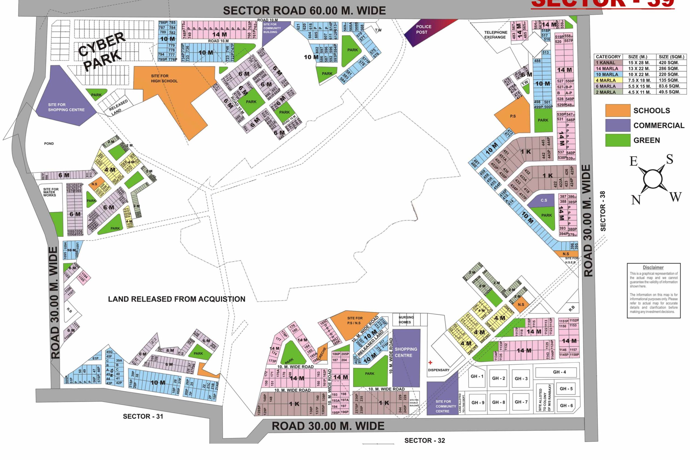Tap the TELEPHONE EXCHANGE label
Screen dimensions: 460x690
click(x=495, y=35)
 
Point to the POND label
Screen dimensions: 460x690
click(x=49, y=144)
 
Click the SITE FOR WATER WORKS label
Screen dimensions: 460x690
click(x=51, y=192)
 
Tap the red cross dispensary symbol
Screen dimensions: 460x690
click(x=430, y=362)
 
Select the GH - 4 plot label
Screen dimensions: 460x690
click(x=559, y=372)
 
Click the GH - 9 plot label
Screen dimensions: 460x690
click(x=478, y=403)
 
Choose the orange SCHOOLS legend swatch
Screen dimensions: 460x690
click(x=617, y=111)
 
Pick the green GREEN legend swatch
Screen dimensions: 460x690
click(x=617, y=140)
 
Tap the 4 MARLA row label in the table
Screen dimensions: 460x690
click(x=606, y=80)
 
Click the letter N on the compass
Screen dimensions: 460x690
click(x=636, y=200)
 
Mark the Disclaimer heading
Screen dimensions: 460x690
click(x=653, y=267)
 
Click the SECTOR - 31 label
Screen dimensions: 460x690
click(x=143, y=416)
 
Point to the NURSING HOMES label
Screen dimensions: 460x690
click(x=406, y=319)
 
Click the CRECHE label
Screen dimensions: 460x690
click(x=322, y=353)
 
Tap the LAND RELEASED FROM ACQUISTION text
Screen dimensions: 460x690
click(x=176, y=299)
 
